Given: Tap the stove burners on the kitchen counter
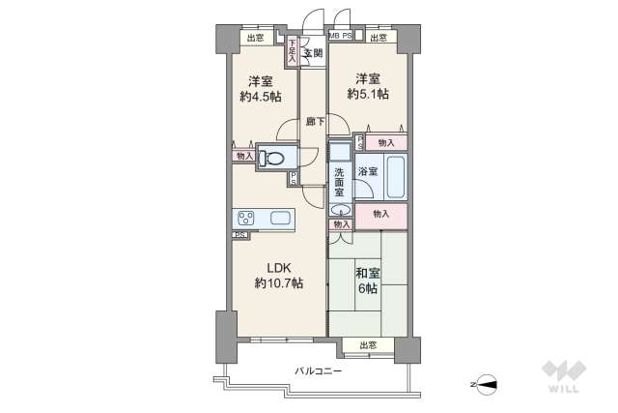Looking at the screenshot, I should click(245, 218).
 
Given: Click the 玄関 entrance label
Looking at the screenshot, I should click(312, 53).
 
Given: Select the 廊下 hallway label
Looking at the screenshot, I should click(315, 122).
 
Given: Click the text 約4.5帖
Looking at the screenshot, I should click(261, 97).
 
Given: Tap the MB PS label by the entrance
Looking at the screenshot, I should click(340, 37).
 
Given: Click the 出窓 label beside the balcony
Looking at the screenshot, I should click(367, 345).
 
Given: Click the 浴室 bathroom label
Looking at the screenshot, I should click(368, 171).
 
